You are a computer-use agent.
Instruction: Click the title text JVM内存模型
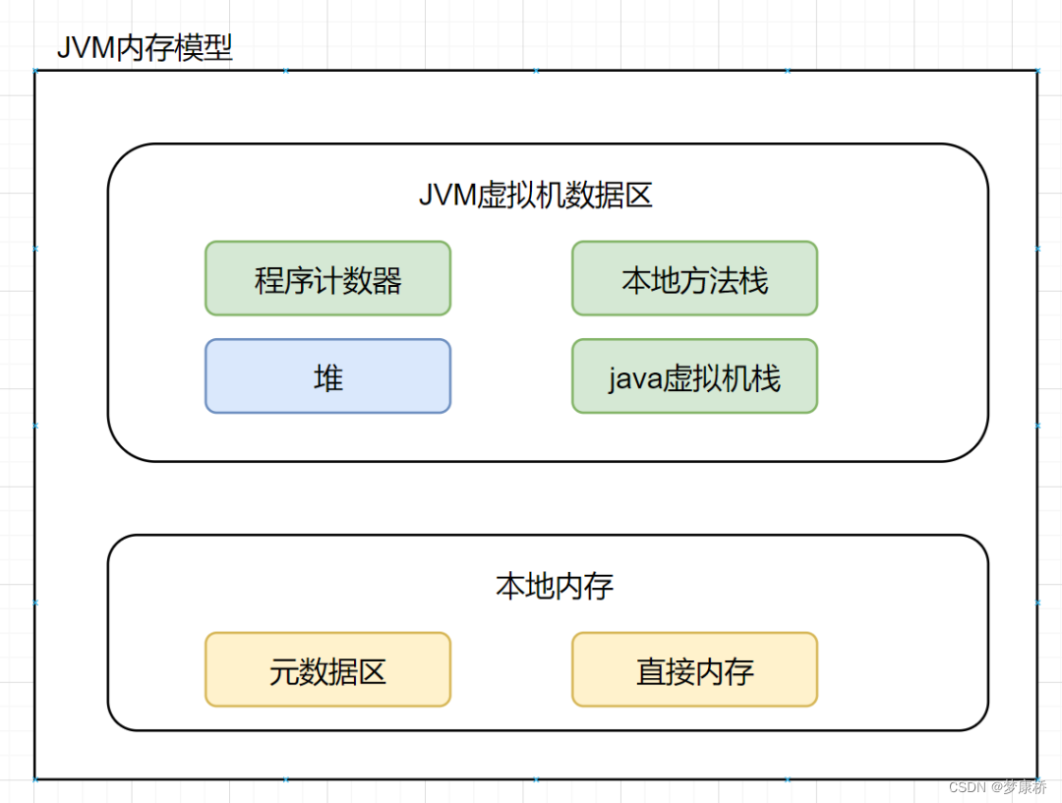coord(145,47)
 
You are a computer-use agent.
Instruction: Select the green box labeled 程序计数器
coord(327,279)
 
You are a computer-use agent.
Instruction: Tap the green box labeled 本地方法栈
coord(694,279)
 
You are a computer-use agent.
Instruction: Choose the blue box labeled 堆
coord(327,376)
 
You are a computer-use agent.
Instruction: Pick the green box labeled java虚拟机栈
coord(694,376)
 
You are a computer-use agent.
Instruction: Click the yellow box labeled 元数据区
coord(327,669)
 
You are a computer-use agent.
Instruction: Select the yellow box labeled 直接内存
coord(694,669)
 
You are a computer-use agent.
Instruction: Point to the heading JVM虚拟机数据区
coord(536,195)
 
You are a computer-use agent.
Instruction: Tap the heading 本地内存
coord(555,586)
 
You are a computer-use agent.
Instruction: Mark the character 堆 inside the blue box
coord(327,377)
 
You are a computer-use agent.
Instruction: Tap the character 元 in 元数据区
coord(284,670)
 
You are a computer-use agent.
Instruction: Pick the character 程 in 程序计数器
coord(269,280)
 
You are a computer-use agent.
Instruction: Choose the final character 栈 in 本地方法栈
coord(753,280)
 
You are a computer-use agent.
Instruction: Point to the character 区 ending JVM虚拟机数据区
coord(638,195)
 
